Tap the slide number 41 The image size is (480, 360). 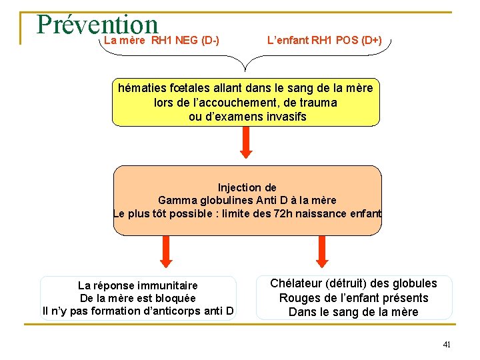click(447, 345)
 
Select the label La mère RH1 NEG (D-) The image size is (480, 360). click(161, 41)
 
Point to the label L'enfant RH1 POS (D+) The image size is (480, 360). click(325, 41)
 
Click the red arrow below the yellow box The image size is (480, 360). click(246, 143)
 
